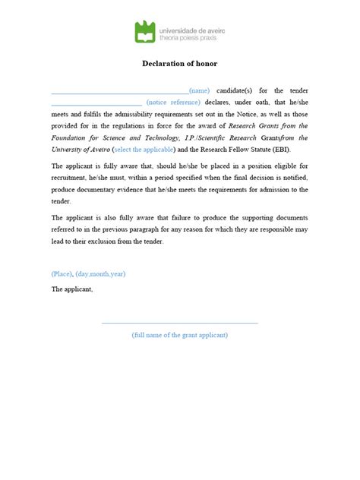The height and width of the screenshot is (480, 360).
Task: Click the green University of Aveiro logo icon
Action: coord(145,31)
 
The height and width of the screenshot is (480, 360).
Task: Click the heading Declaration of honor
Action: coord(179,64)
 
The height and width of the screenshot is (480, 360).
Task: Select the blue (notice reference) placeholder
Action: coord(173,102)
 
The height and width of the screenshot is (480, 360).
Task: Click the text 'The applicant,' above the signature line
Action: coord(71,289)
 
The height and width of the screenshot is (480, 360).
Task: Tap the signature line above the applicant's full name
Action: coord(180,323)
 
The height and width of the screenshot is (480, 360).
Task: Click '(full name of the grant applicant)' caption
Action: coord(180,335)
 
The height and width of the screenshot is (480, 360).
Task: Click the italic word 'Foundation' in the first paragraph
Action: coord(70,137)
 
